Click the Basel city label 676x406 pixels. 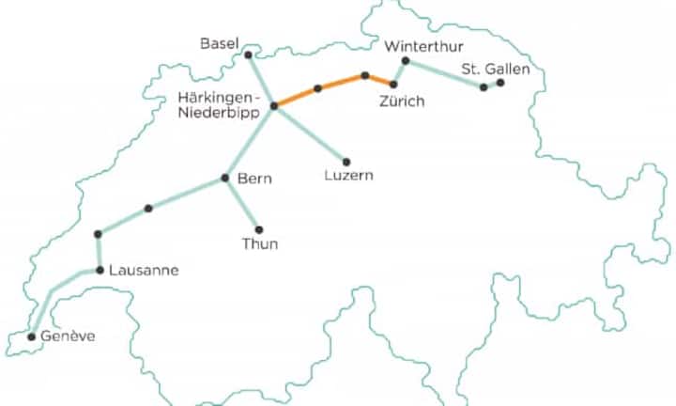tap(220, 43)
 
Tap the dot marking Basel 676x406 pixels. tap(248, 55)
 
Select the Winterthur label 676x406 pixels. tap(423, 47)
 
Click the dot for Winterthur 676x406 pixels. tap(406, 61)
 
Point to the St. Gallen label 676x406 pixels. tap(496, 69)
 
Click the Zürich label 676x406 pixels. tap(402, 101)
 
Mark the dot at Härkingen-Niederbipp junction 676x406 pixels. tap(274, 106)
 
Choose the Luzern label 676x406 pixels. tap(347, 175)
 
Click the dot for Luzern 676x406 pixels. tap(346, 162)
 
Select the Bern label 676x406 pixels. tap(253, 178)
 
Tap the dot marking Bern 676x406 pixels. tap(225, 178)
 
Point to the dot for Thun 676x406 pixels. tap(259, 229)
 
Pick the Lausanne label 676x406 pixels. tap(143, 271)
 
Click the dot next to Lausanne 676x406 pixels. tap(100, 270)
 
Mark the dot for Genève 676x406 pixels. tap(31, 336)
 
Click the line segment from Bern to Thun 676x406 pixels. tap(242, 204)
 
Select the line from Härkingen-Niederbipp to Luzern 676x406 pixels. tap(310, 133)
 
